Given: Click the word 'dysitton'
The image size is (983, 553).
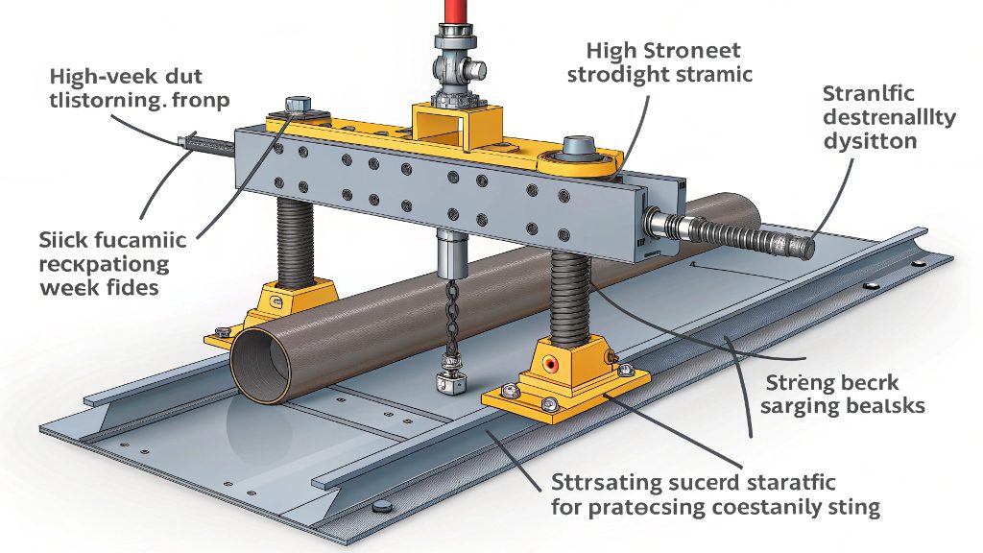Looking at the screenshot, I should coord(870,141).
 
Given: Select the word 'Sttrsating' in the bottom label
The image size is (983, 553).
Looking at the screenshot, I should coord(596,479).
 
